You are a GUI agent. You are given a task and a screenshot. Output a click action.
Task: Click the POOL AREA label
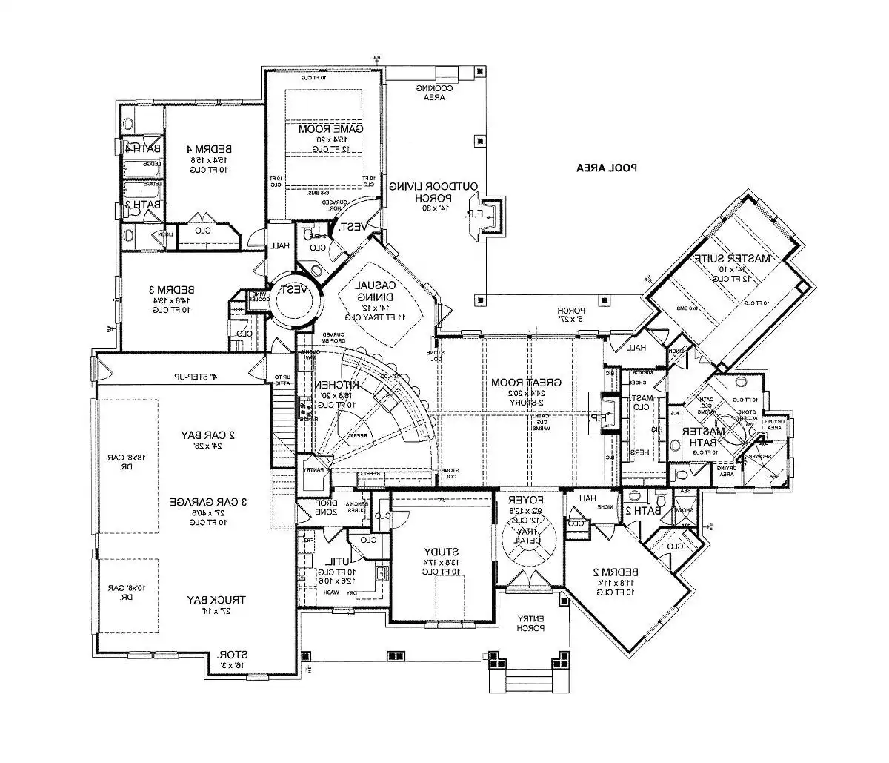coord(607,168)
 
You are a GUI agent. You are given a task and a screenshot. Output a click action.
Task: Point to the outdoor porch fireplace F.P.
coord(490,214)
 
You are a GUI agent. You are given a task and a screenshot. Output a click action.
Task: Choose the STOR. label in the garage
coord(232,656)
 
